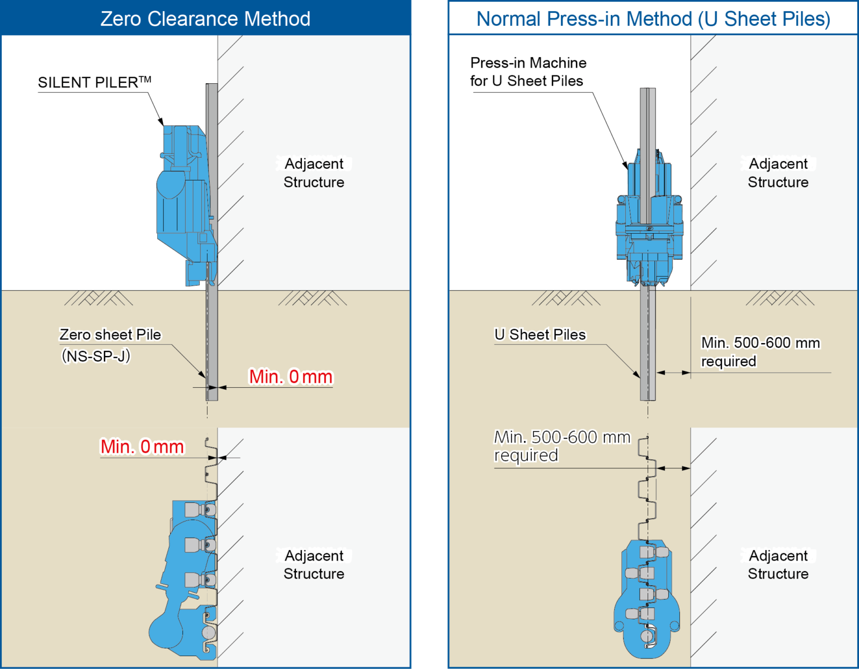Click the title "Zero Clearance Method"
click(205, 19)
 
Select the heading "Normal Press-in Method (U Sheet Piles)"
click(653, 19)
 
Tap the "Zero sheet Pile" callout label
click(110, 335)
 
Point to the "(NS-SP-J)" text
click(96, 356)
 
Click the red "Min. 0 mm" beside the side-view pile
click(291, 377)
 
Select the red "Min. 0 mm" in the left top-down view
click(142, 447)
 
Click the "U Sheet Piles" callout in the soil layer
click(540, 335)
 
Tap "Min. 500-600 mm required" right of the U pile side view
click(759, 352)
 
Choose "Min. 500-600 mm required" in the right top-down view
click(561, 446)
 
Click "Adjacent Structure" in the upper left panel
click(314, 173)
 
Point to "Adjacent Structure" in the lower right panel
click(778, 564)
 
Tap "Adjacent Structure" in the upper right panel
click(778, 173)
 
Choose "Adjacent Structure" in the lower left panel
click(314, 564)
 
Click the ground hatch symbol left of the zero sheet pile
click(99, 298)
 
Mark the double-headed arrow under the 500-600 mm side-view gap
click(673, 372)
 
